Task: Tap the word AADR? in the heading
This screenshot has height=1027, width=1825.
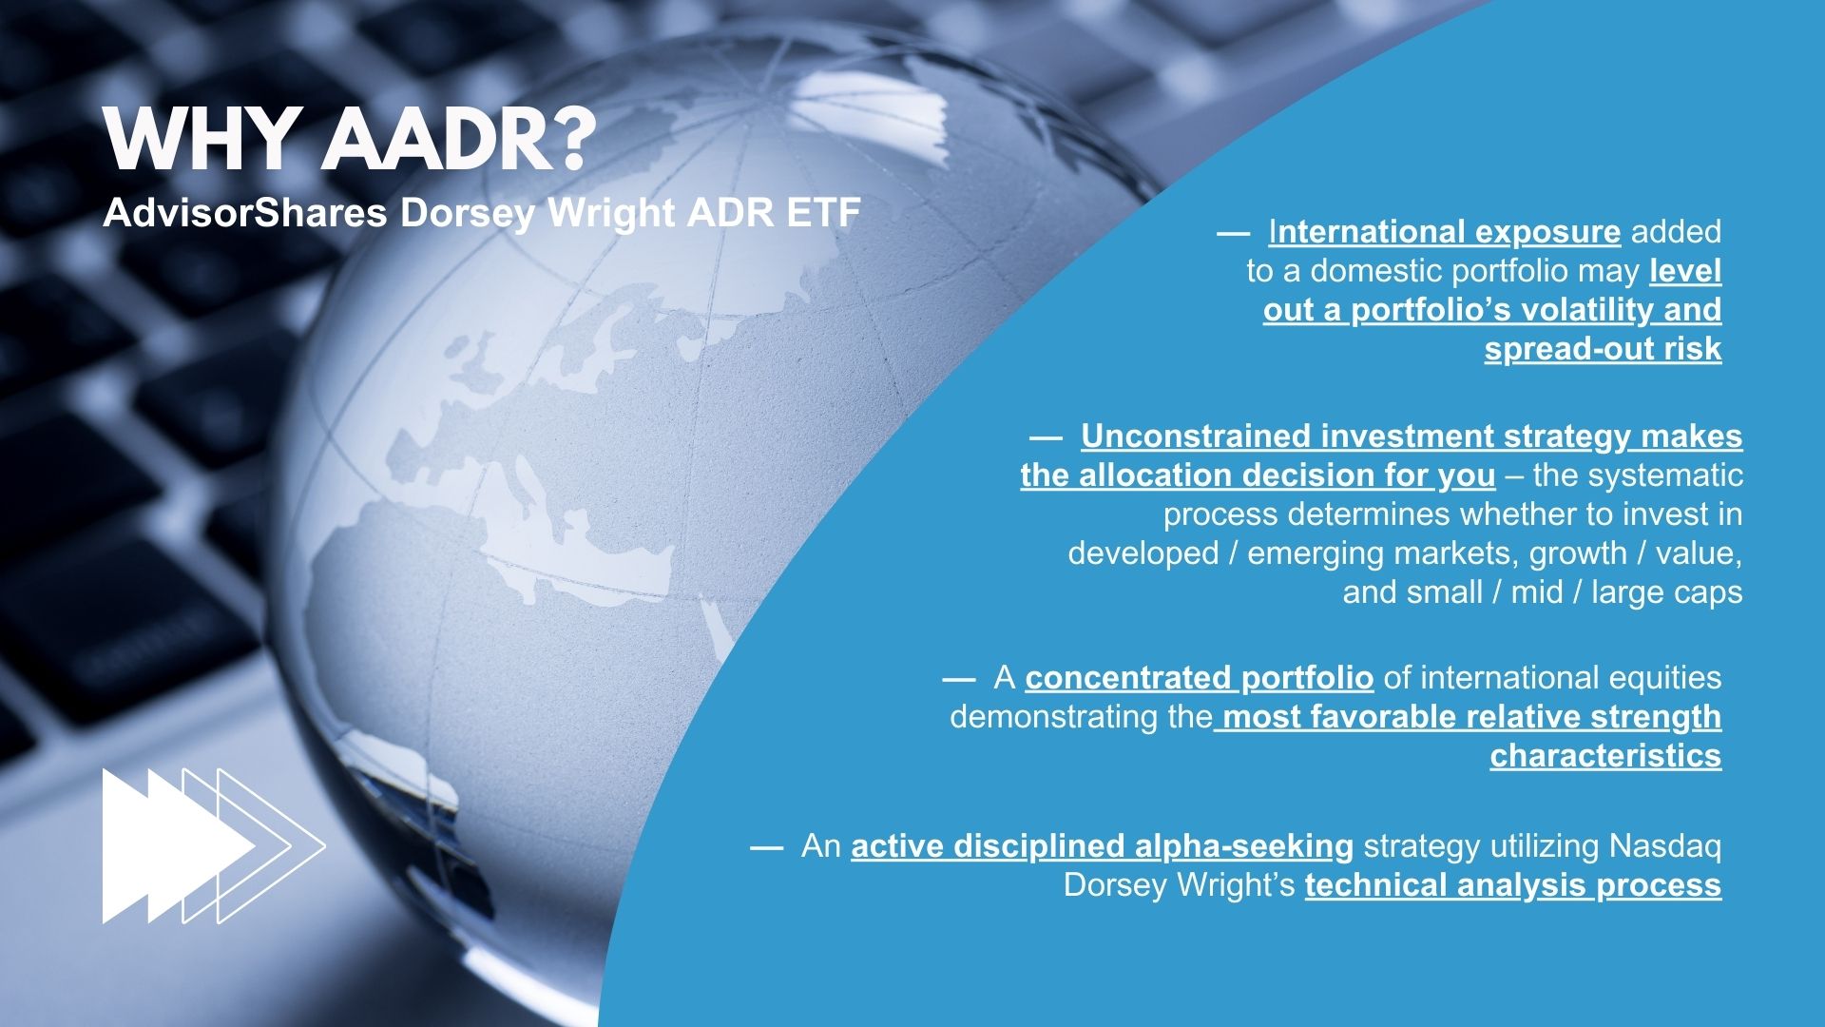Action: [x=454, y=140]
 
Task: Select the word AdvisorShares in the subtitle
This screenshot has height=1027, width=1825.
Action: [x=244, y=213]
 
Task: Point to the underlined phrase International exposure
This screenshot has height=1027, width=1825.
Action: [x=1444, y=231]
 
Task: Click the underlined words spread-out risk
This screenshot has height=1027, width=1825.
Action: [x=1603, y=349]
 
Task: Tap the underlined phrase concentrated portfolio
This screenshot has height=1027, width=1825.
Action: [x=1200, y=677]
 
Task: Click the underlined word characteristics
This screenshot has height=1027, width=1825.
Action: [x=1605, y=755]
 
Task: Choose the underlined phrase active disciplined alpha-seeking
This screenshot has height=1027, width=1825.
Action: [x=1103, y=845]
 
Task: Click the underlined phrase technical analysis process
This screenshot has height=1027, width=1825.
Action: [x=1513, y=885]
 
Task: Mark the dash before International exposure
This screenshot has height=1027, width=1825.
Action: [x=1233, y=232]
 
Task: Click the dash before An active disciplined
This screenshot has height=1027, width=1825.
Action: [x=767, y=846]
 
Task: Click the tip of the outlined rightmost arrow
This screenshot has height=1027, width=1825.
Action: [x=325, y=845]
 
